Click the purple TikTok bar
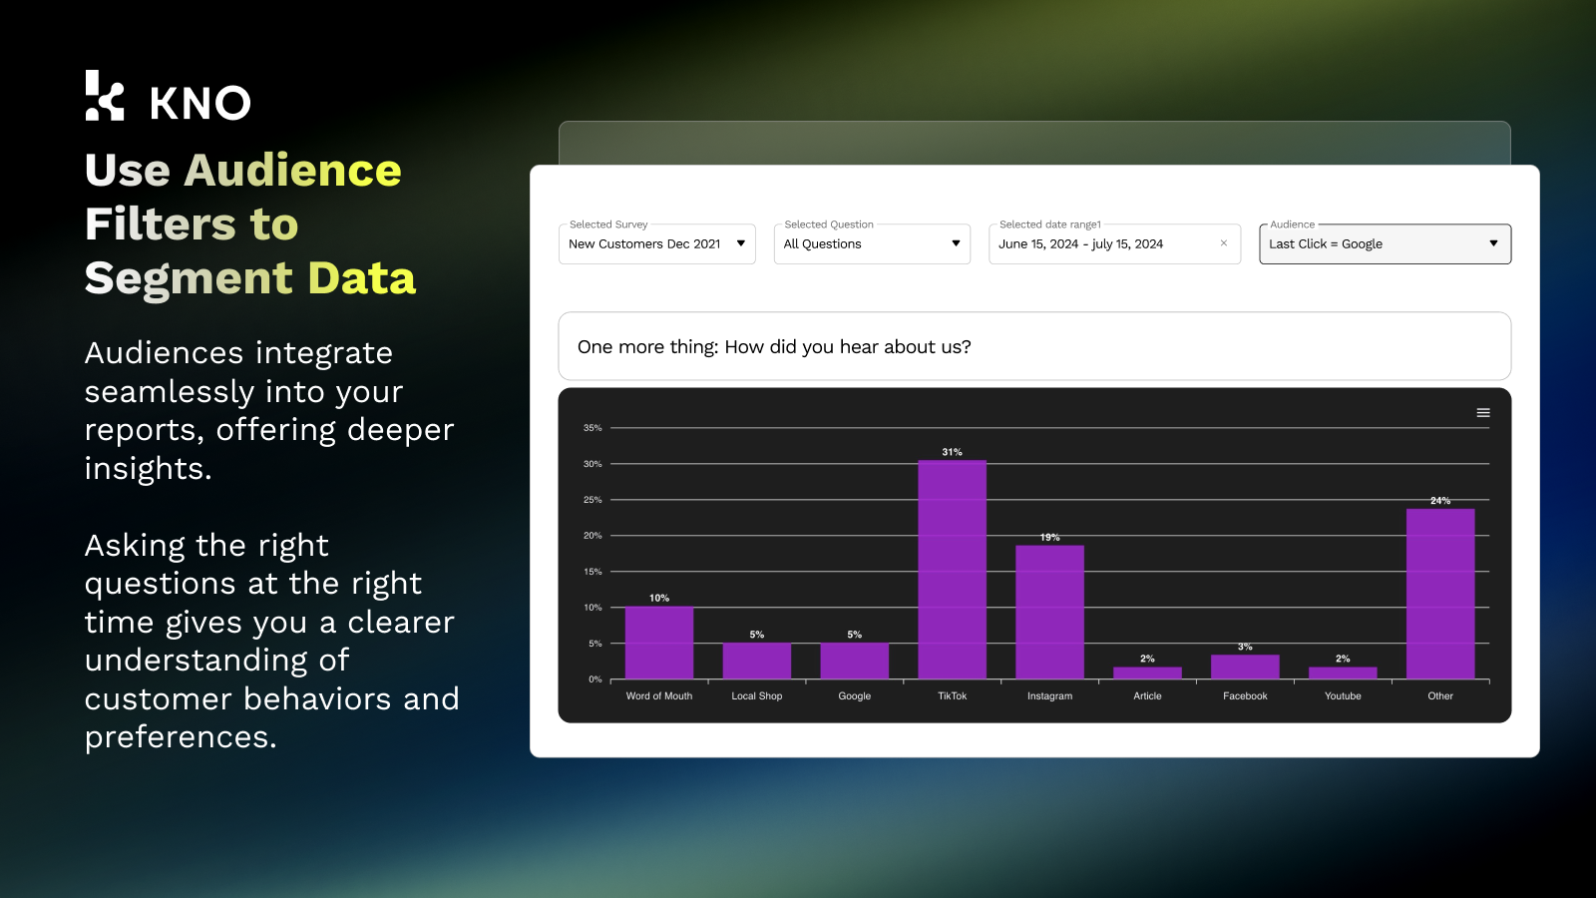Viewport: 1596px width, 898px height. click(952, 570)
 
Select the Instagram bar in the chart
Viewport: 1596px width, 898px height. click(1049, 612)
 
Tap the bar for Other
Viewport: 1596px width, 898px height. click(1439, 594)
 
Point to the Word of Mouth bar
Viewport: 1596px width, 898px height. click(658, 643)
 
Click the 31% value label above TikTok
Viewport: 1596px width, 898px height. click(952, 452)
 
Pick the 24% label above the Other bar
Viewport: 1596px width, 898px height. click(1439, 501)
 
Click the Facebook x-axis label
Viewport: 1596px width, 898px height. click(1245, 696)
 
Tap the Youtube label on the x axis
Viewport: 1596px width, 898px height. click(1343, 696)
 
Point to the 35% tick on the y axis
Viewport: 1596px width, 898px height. click(593, 428)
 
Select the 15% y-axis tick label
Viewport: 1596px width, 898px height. click(593, 572)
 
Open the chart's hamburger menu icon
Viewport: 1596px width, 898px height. click(1483, 413)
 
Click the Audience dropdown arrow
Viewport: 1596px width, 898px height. click(1493, 243)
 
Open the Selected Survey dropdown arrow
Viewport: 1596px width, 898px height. click(741, 243)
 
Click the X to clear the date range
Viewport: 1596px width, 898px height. click(1224, 243)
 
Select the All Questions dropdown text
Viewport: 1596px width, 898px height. click(822, 244)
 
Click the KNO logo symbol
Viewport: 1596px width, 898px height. click(105, 97)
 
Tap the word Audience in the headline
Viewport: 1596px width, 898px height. click(292, 171)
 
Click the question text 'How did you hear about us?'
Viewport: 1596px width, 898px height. click(847, 347)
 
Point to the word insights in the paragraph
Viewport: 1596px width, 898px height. click(147, 469)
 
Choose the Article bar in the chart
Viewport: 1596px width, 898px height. click(1147, 673)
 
